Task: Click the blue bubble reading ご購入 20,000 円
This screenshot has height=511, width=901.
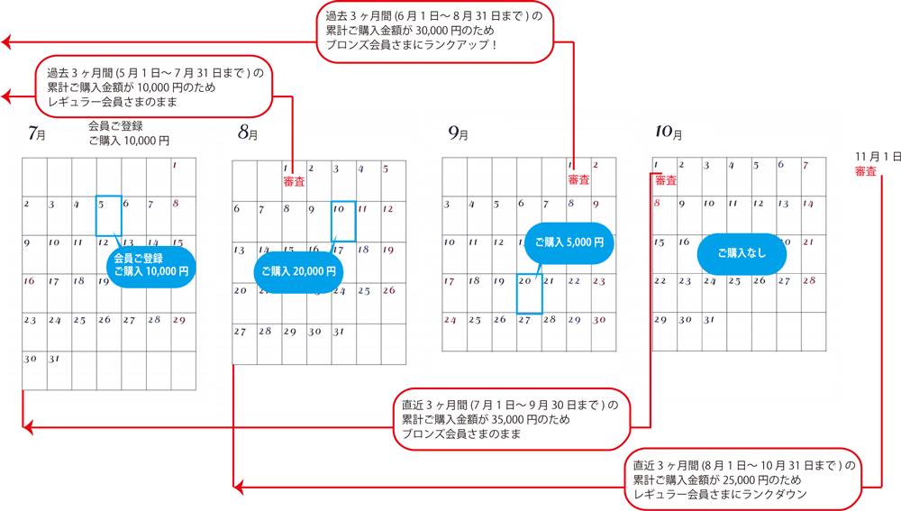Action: click(x=298, y=271)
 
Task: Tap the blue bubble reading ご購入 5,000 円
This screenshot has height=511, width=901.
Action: click(x=569, y=242)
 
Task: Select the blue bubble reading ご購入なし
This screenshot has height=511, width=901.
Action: click(x=742, y=253)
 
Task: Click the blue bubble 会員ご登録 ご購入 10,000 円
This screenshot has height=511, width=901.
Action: click(x=150, y=264)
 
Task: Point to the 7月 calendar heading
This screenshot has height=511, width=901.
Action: click(x=36, y=134)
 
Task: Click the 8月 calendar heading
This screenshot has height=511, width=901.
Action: click(x=247, y=133)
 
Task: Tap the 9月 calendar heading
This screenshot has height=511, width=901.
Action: click(x=458, y=133)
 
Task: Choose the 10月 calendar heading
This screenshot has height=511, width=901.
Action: click(x=669, y=133)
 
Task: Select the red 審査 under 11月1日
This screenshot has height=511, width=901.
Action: click(x=866, y=171)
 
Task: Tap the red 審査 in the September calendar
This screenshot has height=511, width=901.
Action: click(x=578, y=180)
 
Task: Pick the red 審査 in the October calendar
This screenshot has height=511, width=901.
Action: click(x=666, y=180)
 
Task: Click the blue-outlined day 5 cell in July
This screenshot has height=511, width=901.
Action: click(x=108, y=215)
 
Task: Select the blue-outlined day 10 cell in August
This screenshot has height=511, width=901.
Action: click(x=343, y=221)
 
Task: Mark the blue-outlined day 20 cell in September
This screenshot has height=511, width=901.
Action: click(x=529, y=293)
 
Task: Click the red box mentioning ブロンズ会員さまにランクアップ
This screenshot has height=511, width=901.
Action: click(x=434, y=34)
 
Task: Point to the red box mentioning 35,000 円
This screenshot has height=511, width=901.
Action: click(x=511, y=420)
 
